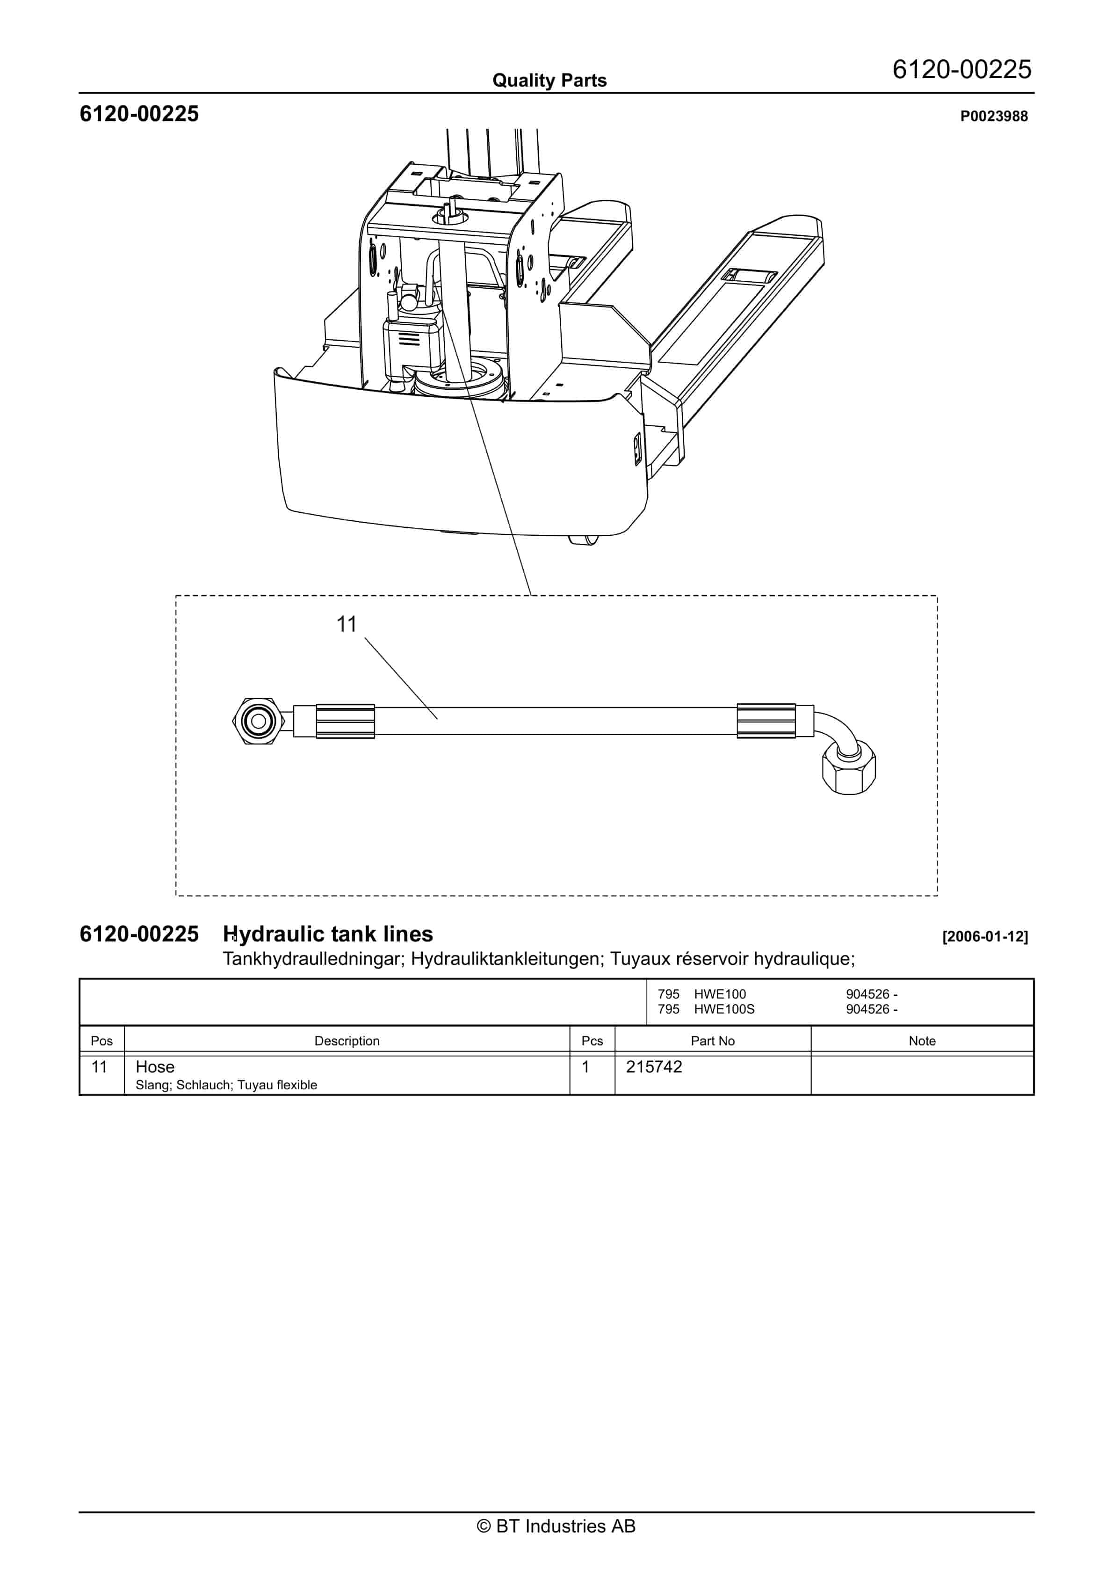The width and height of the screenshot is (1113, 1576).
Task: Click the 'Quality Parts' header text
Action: [x=549, y=80]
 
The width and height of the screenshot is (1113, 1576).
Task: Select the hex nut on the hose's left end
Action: [x=259, y=722]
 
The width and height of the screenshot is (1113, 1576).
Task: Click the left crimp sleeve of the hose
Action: [x=345, y=722]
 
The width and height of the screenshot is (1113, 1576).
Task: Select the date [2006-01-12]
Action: [x=985, y=936]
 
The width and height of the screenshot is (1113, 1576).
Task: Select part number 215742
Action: [x=654, y=1067]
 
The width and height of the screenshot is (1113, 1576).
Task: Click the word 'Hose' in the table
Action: [x=155, y=1067]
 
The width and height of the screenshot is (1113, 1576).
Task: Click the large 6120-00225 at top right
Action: [x=961, y=69]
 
